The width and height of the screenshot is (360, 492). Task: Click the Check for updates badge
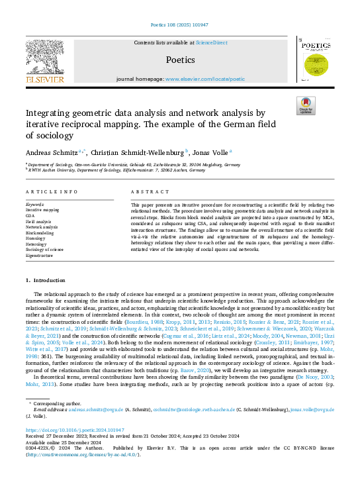point(305,106)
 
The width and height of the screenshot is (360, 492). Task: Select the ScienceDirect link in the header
point(212,42)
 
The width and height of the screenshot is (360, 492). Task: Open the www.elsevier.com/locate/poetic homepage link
point(204,79)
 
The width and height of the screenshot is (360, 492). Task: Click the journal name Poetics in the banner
point(180,60)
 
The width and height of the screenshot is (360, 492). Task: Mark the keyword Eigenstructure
point(40,254)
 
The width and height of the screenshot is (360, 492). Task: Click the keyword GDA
point(30,215)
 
